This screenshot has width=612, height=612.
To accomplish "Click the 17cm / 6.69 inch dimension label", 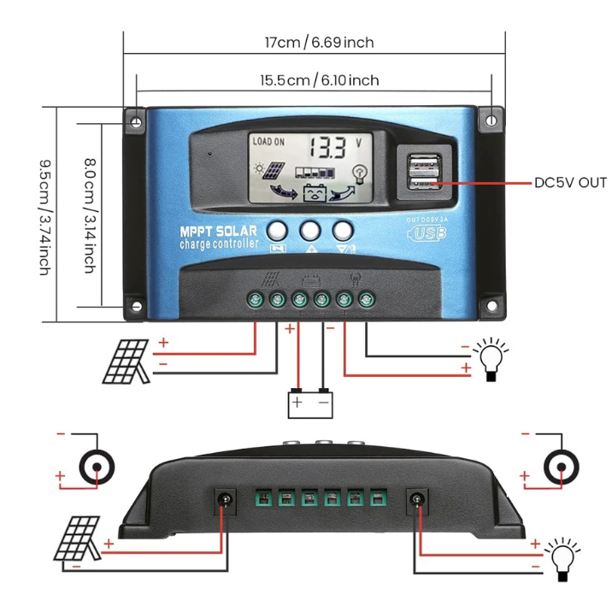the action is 318,43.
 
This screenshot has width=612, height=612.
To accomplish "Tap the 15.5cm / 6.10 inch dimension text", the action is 319,80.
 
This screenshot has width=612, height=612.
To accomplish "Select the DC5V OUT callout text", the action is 569,182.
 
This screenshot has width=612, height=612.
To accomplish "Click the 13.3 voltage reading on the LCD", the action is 327,148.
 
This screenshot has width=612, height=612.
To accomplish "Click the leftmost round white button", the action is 277,230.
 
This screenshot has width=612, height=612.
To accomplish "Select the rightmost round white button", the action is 343,230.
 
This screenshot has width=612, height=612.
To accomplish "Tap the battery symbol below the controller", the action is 309,402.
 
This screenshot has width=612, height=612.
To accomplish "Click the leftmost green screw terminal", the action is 255,300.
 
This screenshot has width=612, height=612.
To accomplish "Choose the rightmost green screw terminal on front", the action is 367,300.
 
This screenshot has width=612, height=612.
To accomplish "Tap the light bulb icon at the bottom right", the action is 562,556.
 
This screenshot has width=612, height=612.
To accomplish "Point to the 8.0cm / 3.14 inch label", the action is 88,215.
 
